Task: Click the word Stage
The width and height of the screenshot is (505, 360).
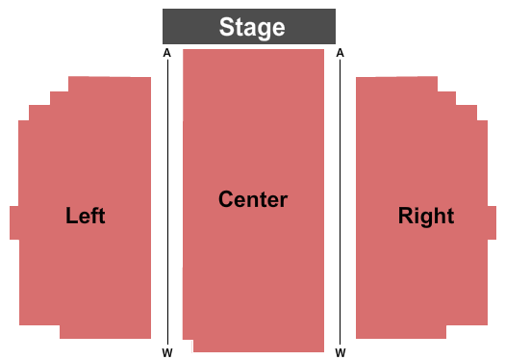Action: (252, 27)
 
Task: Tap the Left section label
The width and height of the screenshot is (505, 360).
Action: (86, 216)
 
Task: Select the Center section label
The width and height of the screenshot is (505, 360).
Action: (253, 199)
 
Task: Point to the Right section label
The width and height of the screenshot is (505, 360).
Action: (426, 216)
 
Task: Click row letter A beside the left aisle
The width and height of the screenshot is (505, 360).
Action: (166, 54)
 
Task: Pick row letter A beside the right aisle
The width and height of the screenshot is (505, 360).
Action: (341, 54)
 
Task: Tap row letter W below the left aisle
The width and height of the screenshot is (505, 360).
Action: (166, 352)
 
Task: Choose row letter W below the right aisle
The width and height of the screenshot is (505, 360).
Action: (341, 352)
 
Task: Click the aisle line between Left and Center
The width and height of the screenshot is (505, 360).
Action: (167, 202)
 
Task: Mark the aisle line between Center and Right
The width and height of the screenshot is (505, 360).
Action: (340, 202)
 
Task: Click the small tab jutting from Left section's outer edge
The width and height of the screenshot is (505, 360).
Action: (14, 222)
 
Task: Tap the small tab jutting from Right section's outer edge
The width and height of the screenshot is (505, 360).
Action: (492, 222)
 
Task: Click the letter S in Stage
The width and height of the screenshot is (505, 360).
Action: (227, 27)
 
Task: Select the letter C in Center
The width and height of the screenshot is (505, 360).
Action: (226, 199)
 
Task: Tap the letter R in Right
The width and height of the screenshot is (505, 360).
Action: (405, 216)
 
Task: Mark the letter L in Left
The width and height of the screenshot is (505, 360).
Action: (70, 216)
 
